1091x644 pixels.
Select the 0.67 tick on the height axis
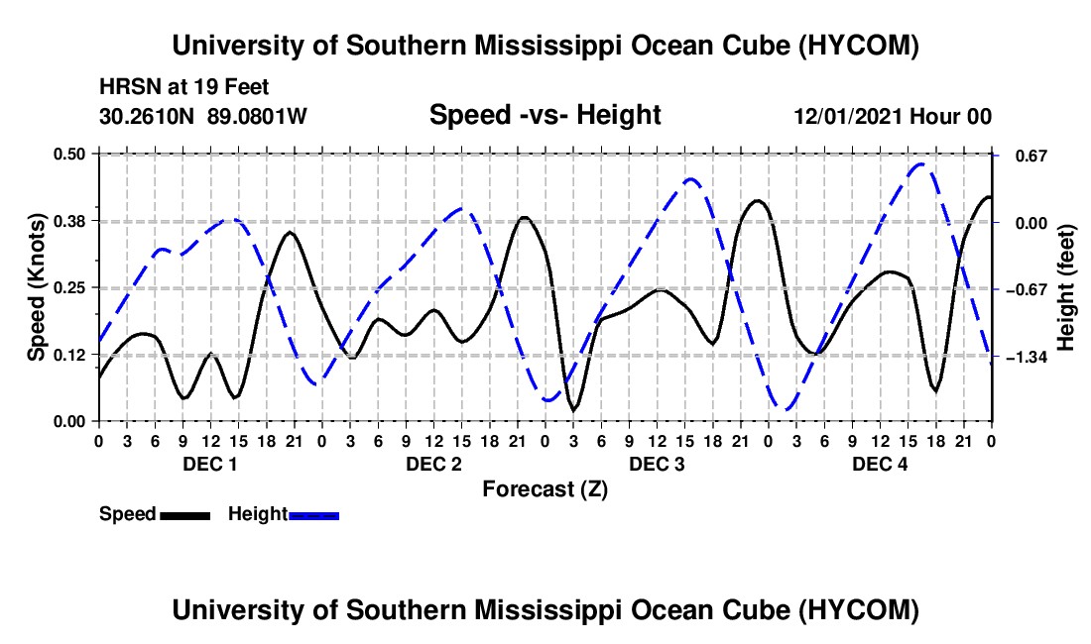[1031, 156]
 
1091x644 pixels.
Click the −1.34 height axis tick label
[1027, 357]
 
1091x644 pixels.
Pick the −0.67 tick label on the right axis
[1027, 289]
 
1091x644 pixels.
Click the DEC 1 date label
[210, 464]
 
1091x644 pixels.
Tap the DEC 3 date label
[657, 464]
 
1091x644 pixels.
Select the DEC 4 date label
[880, 464]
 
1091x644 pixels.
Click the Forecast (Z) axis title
[545, 489]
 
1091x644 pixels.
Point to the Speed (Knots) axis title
[36, 287]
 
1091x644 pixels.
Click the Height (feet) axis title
[1066, 287]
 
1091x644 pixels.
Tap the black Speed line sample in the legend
[185, 515]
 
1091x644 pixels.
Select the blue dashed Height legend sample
[313, 515]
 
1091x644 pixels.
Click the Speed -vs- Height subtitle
[545, 115]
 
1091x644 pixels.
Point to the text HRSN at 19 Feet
[184, 87]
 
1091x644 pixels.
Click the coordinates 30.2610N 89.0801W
[203, 116]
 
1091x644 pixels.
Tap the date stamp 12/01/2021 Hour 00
[894, 116]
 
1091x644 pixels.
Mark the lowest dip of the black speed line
[574, 411]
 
